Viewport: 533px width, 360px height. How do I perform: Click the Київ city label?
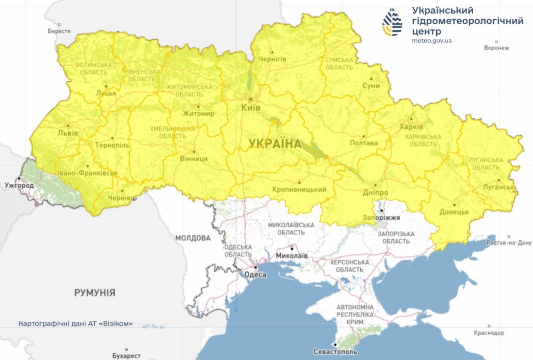coord(250,107)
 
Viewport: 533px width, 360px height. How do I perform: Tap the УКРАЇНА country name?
coord(275,144)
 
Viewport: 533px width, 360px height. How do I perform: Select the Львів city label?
coord(68,133)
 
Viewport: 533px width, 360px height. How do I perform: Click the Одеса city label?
coord(255,275)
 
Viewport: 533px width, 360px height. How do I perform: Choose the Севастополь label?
coord(335,352)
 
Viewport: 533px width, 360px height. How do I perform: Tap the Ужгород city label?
coord(19,185)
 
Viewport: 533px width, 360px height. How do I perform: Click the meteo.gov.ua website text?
coord(432,40)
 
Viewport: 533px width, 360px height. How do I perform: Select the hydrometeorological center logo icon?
coord(392,21)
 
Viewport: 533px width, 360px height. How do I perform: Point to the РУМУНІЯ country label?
coord(95,292)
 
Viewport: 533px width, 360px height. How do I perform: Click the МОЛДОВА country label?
coord(193,238)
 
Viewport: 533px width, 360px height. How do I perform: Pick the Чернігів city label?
coord(272,59)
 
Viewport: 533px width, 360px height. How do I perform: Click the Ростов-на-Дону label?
coord(509,243)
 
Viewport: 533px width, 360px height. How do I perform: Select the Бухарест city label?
coord(126,356)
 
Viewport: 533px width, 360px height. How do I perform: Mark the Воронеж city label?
coord(496,48)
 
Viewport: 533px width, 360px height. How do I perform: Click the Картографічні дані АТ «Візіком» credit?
coord(75,324)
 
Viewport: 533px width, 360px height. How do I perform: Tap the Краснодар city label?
coord(489,333)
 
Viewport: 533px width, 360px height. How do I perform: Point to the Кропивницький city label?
coord(299,190)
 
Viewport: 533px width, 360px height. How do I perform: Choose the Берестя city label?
coord(59,31)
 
